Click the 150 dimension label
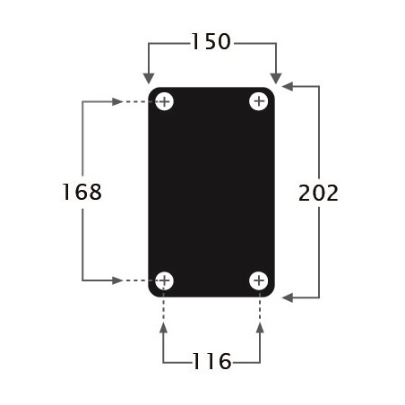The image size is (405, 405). point(211,41)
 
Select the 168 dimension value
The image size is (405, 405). point(82,192)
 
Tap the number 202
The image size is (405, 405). point(318,193)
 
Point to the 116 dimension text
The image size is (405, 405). point(211,361)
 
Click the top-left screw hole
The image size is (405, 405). point(164,101)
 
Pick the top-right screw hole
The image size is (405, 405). point(259,101)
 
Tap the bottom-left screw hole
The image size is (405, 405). point(164,280)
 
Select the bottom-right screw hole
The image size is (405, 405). point(259,280)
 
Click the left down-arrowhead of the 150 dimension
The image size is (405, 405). point(149,78)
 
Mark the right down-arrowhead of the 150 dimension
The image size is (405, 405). point(276,78)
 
